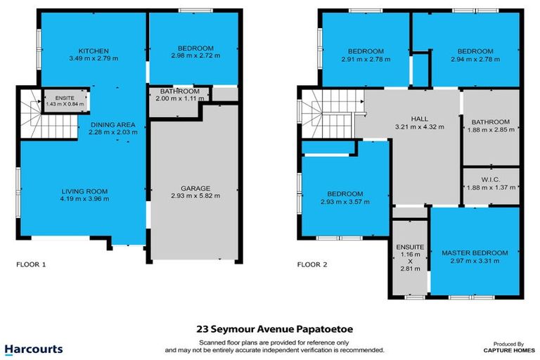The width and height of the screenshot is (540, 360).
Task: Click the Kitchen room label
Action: [93, 51]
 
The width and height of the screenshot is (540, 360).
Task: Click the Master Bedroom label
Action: [474, 252]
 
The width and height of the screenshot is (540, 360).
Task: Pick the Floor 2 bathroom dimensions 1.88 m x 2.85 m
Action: [490, 129]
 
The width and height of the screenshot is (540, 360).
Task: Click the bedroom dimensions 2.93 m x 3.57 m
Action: [344, 202]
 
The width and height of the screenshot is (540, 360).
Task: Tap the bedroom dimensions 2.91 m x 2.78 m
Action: [366, 60]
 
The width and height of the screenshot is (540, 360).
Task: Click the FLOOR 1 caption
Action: [32, 266]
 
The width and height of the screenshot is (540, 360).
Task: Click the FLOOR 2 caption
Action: [314, 266]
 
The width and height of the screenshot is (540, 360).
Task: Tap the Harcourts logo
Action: [34, 349]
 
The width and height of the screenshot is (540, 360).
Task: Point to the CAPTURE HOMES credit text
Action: [506, 350]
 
